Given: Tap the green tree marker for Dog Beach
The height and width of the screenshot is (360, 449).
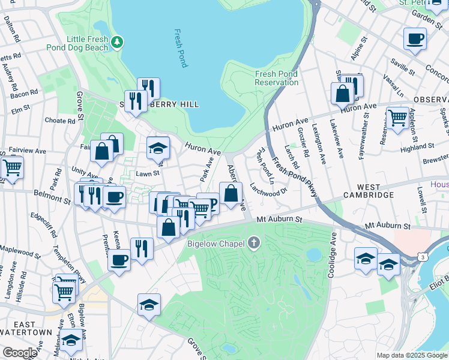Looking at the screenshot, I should tap(118, 41).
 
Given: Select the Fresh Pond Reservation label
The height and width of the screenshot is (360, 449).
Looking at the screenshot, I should tap(276, 78).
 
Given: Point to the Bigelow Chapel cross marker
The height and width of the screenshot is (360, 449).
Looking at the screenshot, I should tap(254, 243).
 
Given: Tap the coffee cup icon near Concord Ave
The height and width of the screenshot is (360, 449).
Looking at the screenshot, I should tap(415, 40).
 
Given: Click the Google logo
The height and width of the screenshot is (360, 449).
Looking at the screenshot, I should tap(20, 353).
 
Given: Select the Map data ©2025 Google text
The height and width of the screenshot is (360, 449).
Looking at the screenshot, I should tap(411, 355).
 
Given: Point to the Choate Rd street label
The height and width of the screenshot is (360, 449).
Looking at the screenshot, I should tap(60, 121).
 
